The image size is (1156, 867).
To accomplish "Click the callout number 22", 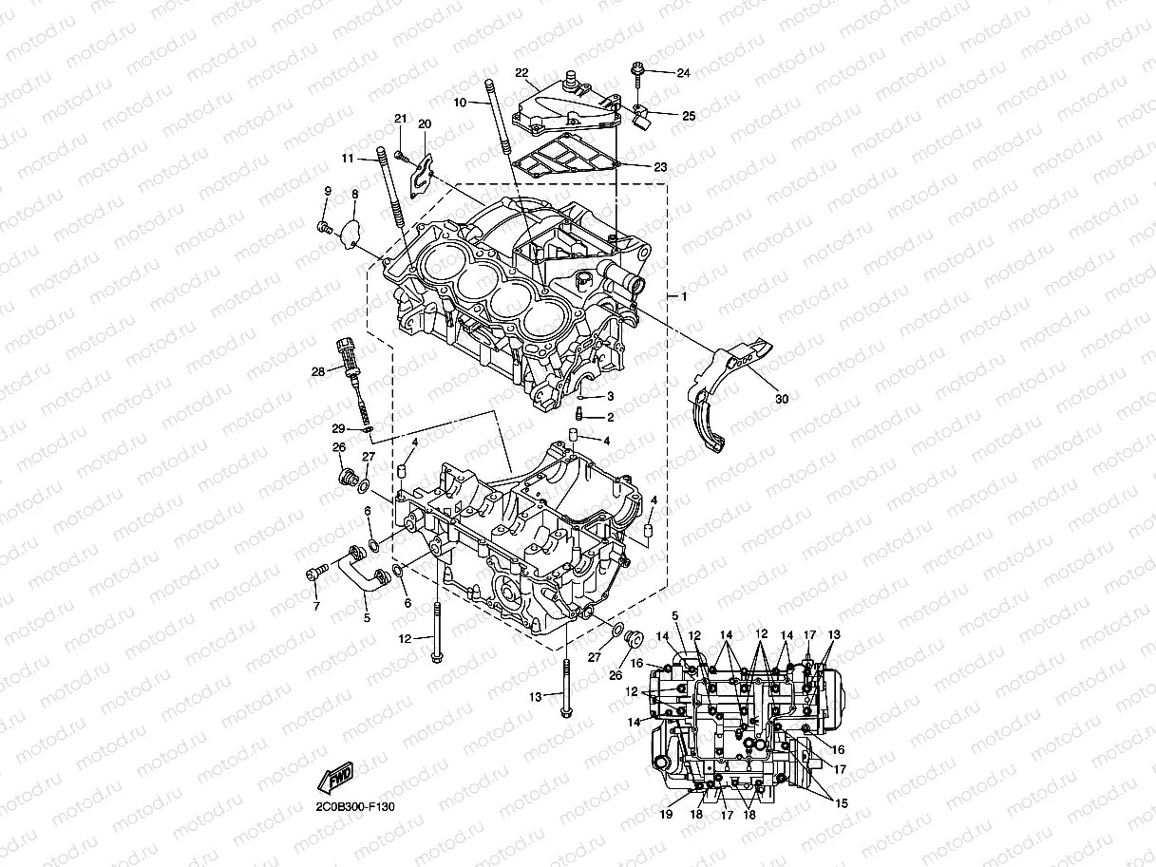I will tap(521, 72).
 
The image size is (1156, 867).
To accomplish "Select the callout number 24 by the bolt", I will tap(683, 73).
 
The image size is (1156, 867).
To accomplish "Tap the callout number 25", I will tap(688, 116).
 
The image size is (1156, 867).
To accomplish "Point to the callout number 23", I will tap(686, 166).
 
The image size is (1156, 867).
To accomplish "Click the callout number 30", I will tap(781, 400).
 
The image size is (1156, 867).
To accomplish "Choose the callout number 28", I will tap(318, 371).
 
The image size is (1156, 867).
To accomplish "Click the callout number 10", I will tap(460, 102).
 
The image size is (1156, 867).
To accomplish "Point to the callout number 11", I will tap(348, 158).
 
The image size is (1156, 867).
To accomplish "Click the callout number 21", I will tap(400, 119).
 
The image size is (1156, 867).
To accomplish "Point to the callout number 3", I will tap(610, 396).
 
